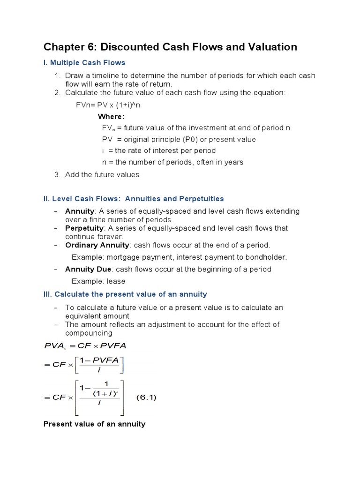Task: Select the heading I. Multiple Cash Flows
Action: click(84, 62)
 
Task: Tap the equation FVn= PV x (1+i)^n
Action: click(108, 105)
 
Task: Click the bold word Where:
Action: click(111, 116)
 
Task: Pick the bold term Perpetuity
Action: click(84, 228)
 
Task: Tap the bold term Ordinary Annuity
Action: click(97, 245)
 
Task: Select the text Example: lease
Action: click(98, 281)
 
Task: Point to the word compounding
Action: click(89, 333)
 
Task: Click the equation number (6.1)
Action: click(146, 397)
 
